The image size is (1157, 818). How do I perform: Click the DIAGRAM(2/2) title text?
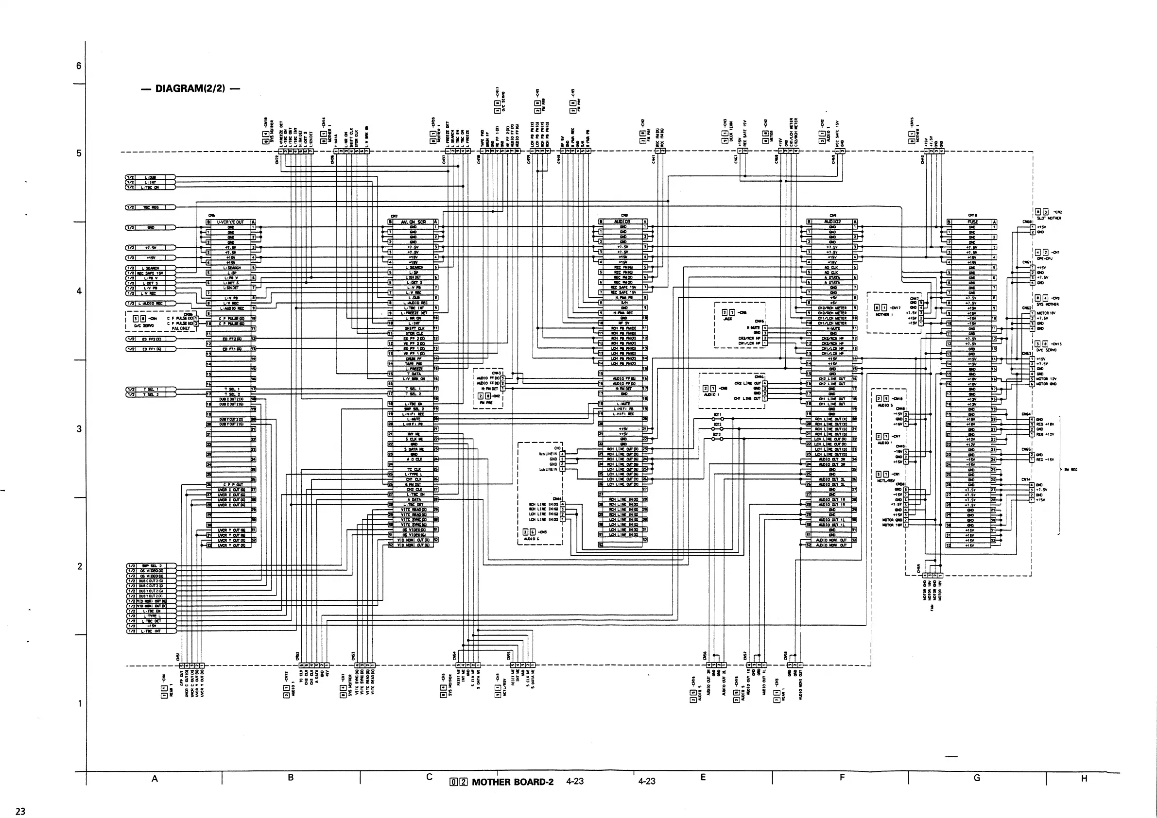point(190,89)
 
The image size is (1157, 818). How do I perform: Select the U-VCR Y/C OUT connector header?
point(230,222)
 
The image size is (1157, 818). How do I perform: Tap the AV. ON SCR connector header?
point(413,222)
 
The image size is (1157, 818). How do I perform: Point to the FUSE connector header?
point(972,222)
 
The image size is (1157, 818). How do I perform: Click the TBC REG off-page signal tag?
point(150,207)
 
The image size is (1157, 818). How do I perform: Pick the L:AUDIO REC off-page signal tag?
point(150,303)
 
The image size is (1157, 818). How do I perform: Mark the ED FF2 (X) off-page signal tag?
point(150,339)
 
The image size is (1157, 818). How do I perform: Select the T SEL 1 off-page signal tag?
point(150,390)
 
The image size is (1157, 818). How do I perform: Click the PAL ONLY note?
point(180,328)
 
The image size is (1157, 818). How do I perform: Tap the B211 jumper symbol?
point(718,419)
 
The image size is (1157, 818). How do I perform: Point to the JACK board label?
point(727,318)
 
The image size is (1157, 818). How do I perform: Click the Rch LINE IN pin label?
point(548,454)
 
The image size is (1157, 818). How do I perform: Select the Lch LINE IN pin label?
point(548,469)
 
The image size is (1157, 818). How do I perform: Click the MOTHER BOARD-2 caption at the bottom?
point(512,782)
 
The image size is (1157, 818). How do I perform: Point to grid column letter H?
point(1084,779)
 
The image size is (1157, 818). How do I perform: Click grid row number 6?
point(79,66)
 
